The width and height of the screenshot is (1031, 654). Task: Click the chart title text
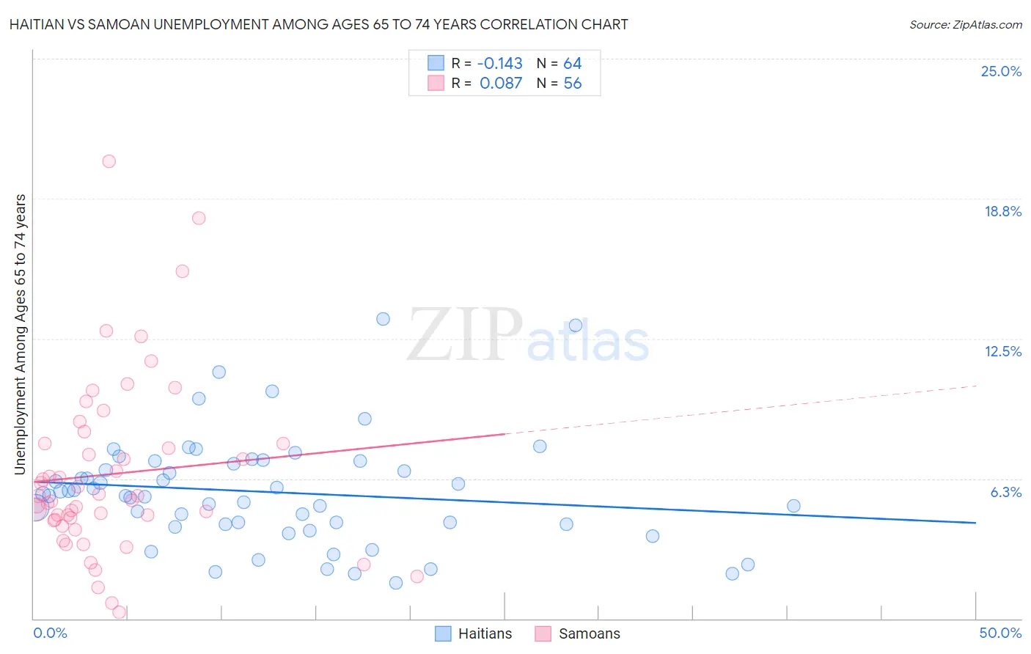pos(318,24)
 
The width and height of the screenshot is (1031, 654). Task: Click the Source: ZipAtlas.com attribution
pos(965,24)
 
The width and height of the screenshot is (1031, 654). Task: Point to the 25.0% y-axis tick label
pos(1001,71)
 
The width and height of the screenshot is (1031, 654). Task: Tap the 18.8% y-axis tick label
pos(1002,211)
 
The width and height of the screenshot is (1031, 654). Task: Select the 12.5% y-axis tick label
pos(1002,351)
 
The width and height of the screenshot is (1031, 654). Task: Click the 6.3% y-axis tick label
pos(1005,492)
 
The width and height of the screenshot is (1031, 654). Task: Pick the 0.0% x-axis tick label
pos(50,633)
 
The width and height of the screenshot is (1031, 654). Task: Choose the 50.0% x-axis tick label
pos(1000,633)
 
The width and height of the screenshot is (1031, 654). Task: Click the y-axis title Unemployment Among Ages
pos(21,334)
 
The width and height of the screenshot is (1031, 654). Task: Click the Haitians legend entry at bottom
pos(474,633)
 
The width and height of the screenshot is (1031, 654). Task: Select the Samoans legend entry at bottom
pos(578,633)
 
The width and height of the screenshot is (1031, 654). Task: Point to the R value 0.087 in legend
pos(501,84)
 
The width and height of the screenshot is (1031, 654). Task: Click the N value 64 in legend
pos(572,63)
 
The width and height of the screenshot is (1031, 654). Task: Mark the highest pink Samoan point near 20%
pos(109,161)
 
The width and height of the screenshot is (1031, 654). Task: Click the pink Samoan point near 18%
pos(199,218)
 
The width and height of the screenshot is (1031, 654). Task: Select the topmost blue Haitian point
pos(383,319)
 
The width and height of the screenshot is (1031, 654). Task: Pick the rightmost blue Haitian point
pos(793,506)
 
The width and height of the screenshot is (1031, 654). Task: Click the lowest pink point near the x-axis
pos(119,612)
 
